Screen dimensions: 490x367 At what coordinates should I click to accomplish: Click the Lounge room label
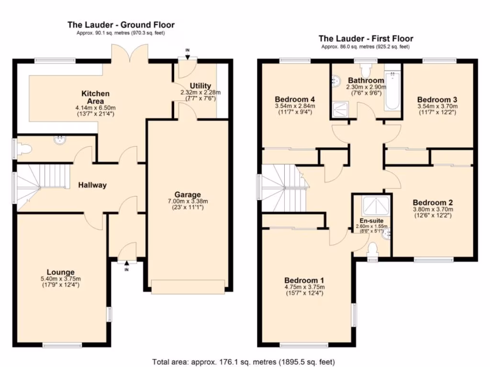[x=61, y=272]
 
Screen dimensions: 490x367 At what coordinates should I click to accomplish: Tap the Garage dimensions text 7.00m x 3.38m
[x=188, y=201]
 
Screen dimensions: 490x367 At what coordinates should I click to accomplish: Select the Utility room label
[x=200, y=86]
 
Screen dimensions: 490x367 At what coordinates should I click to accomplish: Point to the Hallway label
[x=92, y=185]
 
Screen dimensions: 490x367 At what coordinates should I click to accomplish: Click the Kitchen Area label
[x=95, y=97]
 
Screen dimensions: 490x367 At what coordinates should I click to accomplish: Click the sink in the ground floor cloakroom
[x=59, y=140]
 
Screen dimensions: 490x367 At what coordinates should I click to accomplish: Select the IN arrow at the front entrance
[x=126, y=264]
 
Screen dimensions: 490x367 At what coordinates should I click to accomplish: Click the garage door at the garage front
[x=188, y=287]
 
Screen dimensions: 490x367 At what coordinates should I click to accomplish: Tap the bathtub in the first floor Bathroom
[x=392, y=90]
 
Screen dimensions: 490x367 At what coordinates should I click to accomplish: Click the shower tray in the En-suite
[x=376, y=205]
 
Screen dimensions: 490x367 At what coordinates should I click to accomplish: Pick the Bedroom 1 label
[x=304, y=280]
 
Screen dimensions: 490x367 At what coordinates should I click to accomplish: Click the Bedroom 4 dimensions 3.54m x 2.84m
[x=295, y=106]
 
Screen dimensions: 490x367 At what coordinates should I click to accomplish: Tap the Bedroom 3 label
[x=437, y=99]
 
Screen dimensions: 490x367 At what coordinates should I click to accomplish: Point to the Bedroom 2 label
[x=433, y=203]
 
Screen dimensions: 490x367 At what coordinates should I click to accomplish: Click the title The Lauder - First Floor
[x=366, y=39]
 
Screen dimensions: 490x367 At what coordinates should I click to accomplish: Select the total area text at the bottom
[x=244, y=362]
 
